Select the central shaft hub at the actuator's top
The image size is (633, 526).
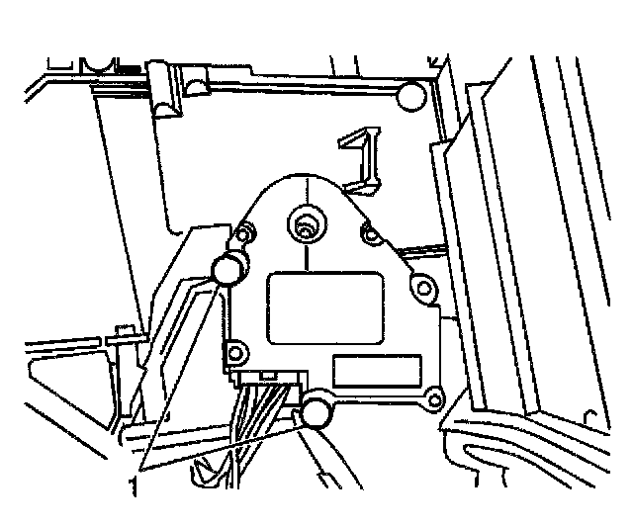point(305,227)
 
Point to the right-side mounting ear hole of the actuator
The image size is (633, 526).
point(424,288)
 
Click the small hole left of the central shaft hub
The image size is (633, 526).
point(245,234)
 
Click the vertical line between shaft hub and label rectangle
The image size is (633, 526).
point(307,255)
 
